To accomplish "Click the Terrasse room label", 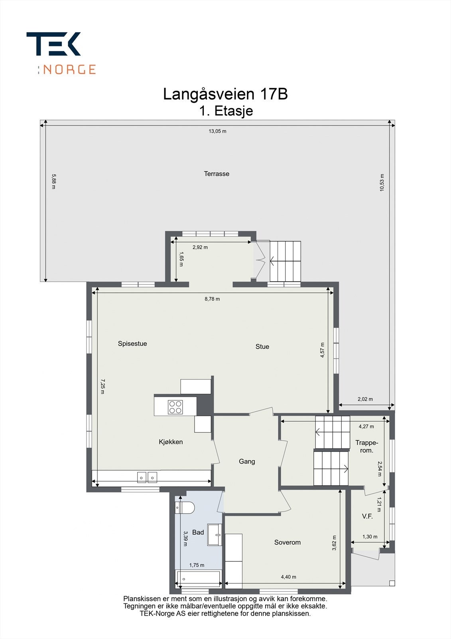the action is pos(217,174).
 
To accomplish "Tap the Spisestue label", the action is pos(132,344).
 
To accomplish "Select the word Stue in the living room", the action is pos(262,347).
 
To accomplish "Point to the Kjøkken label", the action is pos(171,442).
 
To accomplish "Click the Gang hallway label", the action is pos(247,462).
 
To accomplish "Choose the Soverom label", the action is pos(287,542).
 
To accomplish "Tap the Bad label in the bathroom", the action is pos(198,532).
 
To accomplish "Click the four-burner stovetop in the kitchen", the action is pos(175,407).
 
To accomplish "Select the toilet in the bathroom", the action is pos(185,508).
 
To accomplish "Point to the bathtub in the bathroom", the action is pos(198,579).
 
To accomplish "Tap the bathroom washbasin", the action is pos(215,535).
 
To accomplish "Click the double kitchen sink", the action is pos(147,477).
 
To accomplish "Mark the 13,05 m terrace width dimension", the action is pos(217,131).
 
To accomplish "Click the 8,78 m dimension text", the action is pos(212,299).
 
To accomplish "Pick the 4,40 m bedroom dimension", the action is pos(288,577).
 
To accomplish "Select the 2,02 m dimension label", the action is pos(365,399).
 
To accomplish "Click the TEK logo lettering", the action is pos(53,44).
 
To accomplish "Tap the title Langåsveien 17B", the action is pos(225,94).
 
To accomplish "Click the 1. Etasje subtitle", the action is pos(226,111).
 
